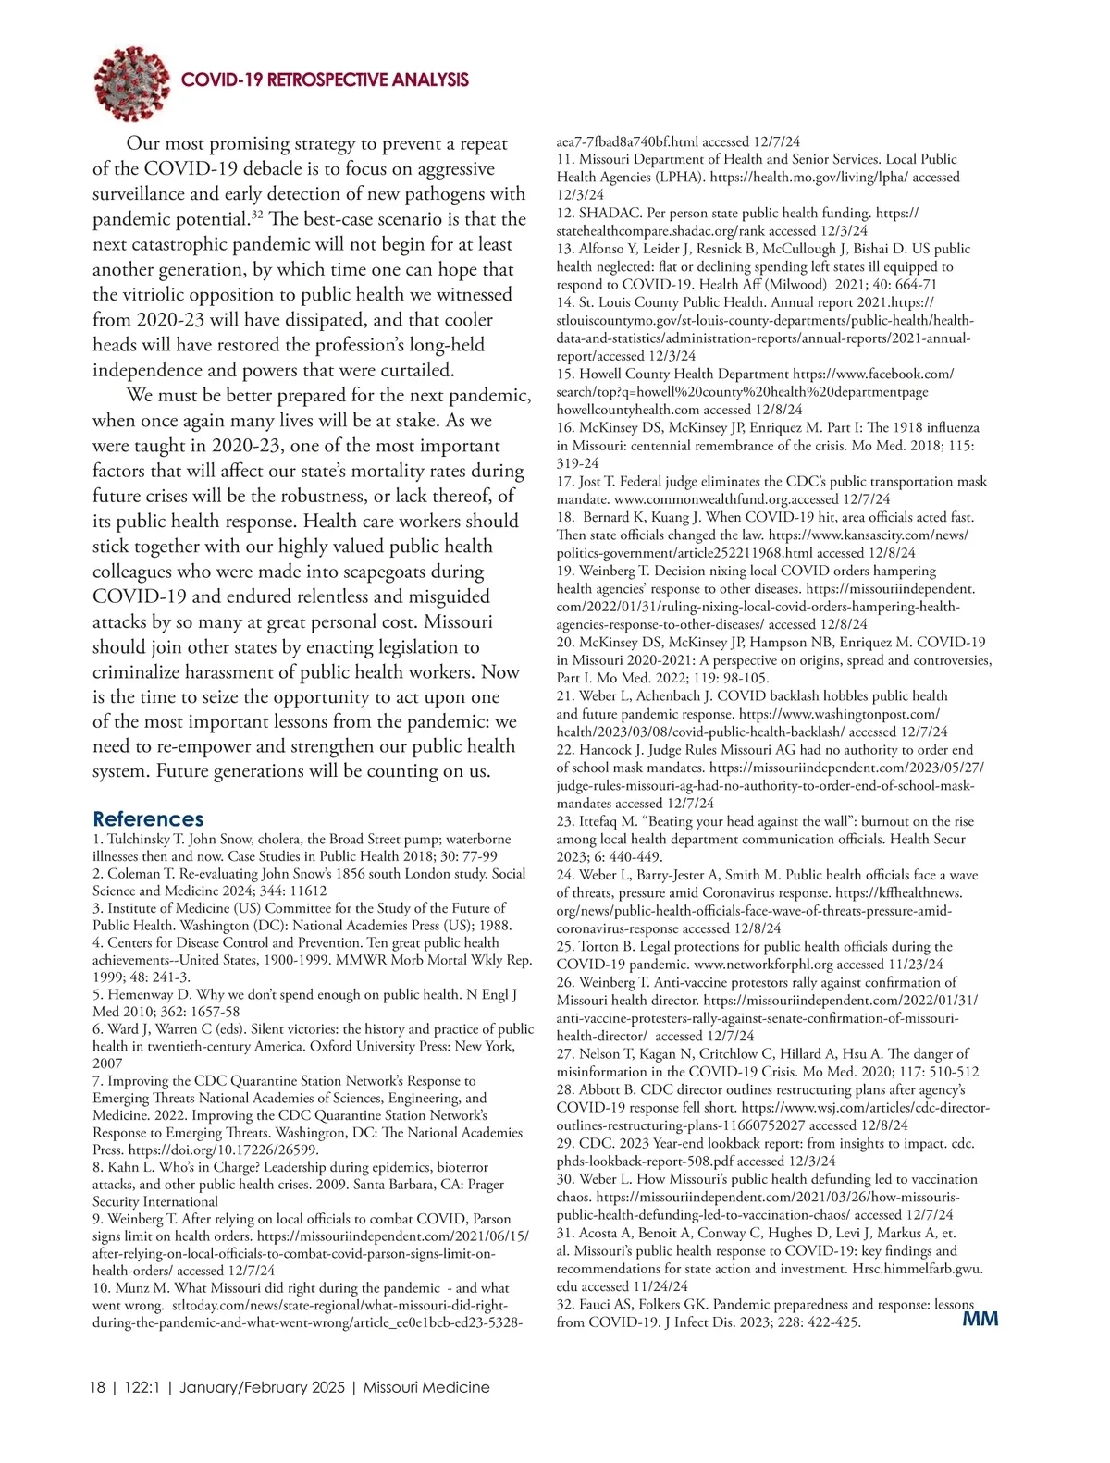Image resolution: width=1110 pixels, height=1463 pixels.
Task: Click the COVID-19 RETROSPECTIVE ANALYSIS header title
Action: (325, 80)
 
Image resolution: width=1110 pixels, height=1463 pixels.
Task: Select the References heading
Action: (148, 819)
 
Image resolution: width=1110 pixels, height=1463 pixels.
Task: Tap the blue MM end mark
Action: (980, 1319)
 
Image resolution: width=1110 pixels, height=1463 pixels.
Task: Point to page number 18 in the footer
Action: (97, 1387)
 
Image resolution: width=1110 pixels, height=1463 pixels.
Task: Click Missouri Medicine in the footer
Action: (426, 1387)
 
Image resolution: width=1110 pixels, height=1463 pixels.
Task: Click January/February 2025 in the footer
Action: (263, 1387)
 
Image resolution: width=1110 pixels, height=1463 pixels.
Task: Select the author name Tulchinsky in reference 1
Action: (138, 839)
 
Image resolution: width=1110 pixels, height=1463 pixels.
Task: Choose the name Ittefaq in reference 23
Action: (606, 821)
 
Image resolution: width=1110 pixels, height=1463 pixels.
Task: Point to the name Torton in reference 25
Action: (602, 946)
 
